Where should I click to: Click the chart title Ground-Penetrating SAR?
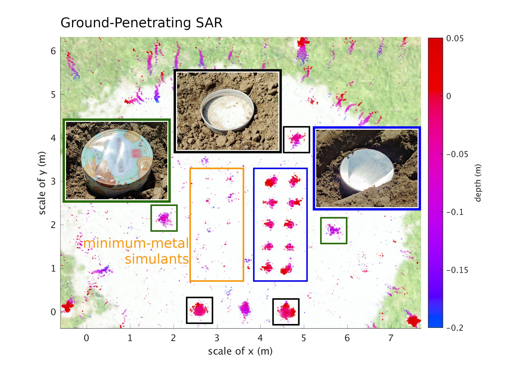coord(142,23)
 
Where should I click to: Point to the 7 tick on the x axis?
coord(391,338)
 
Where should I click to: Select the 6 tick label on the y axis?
coord(53,51)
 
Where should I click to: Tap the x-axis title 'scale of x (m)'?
coord(240,351)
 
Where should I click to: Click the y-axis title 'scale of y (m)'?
coord(42,183)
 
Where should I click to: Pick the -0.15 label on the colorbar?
coord(457,270)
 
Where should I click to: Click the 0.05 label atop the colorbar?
coord(455,39)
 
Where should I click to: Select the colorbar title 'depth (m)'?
coord(478,183)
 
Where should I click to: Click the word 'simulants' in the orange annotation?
coord(157,259)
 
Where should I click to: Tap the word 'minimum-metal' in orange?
coord(136,243)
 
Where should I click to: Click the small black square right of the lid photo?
coord(296,139)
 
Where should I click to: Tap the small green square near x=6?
coord(334,231)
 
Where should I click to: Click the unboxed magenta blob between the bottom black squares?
coord(245,308)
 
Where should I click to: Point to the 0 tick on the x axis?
coord(87,338)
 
